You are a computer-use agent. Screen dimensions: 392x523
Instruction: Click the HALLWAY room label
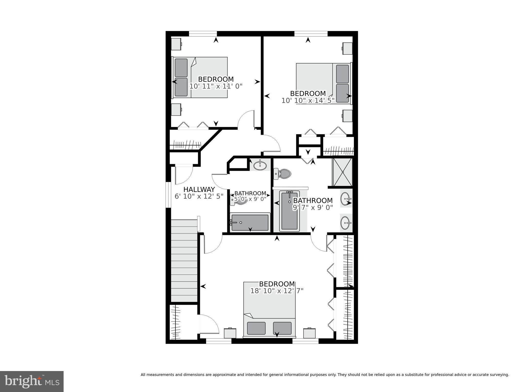point(199,189)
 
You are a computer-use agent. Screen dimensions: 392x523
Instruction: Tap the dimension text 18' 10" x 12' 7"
point(277,291)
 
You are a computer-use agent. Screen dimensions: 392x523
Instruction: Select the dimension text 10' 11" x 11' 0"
point(216,86)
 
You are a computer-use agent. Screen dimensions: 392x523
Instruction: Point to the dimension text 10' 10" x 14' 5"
point(308,100)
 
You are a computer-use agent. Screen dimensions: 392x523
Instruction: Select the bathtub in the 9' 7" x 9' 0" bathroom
point(289,211)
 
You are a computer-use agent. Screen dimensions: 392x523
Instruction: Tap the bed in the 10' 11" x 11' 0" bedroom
point(200,77)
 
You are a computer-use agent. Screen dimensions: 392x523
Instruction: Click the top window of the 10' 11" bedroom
point(203,33)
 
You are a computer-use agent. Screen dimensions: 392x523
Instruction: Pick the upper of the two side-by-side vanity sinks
point(346,198)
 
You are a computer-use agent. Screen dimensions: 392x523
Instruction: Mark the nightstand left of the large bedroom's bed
point(230,333)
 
